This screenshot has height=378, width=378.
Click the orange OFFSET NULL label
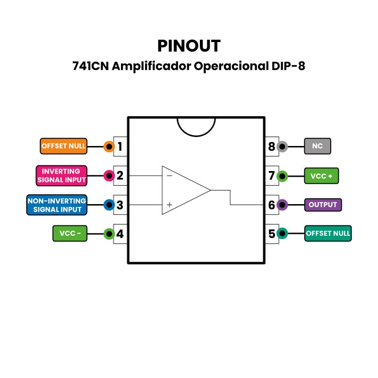pyautogui.click(x=64, y=146)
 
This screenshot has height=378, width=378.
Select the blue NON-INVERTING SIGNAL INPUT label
pyautogui.click(x=57, y=205)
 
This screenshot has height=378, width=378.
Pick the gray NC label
pyautogui.click(x=318, y=146)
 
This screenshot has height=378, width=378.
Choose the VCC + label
pyautogui.click(x=321, y=176)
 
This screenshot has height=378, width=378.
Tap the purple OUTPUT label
pyautogui.click(x=323, y=205)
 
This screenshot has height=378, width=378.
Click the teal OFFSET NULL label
pyautogui.click(x=328, y=233)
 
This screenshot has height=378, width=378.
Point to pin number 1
pyautogui.click(x=120, y=146)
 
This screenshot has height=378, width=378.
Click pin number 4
pyautogui.click(x=120, y=233)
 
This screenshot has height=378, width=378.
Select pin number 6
pyautogui.click(x=271, y=205)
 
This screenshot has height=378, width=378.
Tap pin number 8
pyautogui.click(x=271, y=146)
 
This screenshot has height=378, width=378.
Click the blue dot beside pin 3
pyautogui.click(x=109, y=205)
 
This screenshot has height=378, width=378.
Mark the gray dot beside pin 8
pyautogui.click(x=282, y=146)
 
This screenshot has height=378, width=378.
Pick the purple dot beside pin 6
pyautogui.click(x=282, y=205)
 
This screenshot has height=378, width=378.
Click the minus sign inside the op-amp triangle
pyautogui.click(x=169, y=175)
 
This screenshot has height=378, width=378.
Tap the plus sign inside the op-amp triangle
pyautogui.click(x=169, y=205)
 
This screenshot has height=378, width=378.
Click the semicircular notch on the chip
pyautogui.click(x=196, y=125)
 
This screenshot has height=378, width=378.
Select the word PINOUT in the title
pyautogui.click(x=189, y=46)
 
